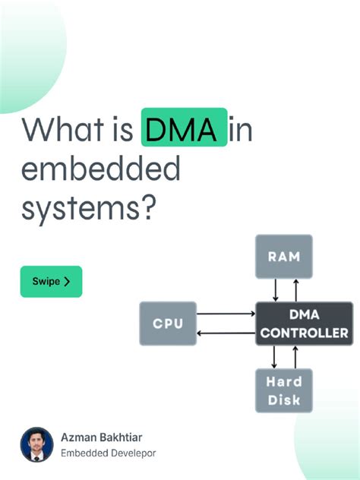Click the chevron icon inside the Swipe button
tap(68, 281)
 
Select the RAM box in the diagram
tap(283, 256)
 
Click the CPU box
tap(168, 324)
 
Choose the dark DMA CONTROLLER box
tap(304, 324)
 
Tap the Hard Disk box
tap(283, 390)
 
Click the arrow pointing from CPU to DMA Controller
tap(226, 313)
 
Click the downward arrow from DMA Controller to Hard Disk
tap(276, 357)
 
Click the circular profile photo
tap(36, 444)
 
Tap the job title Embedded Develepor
tap(109, 453)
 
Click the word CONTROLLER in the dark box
tap(304, 333)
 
